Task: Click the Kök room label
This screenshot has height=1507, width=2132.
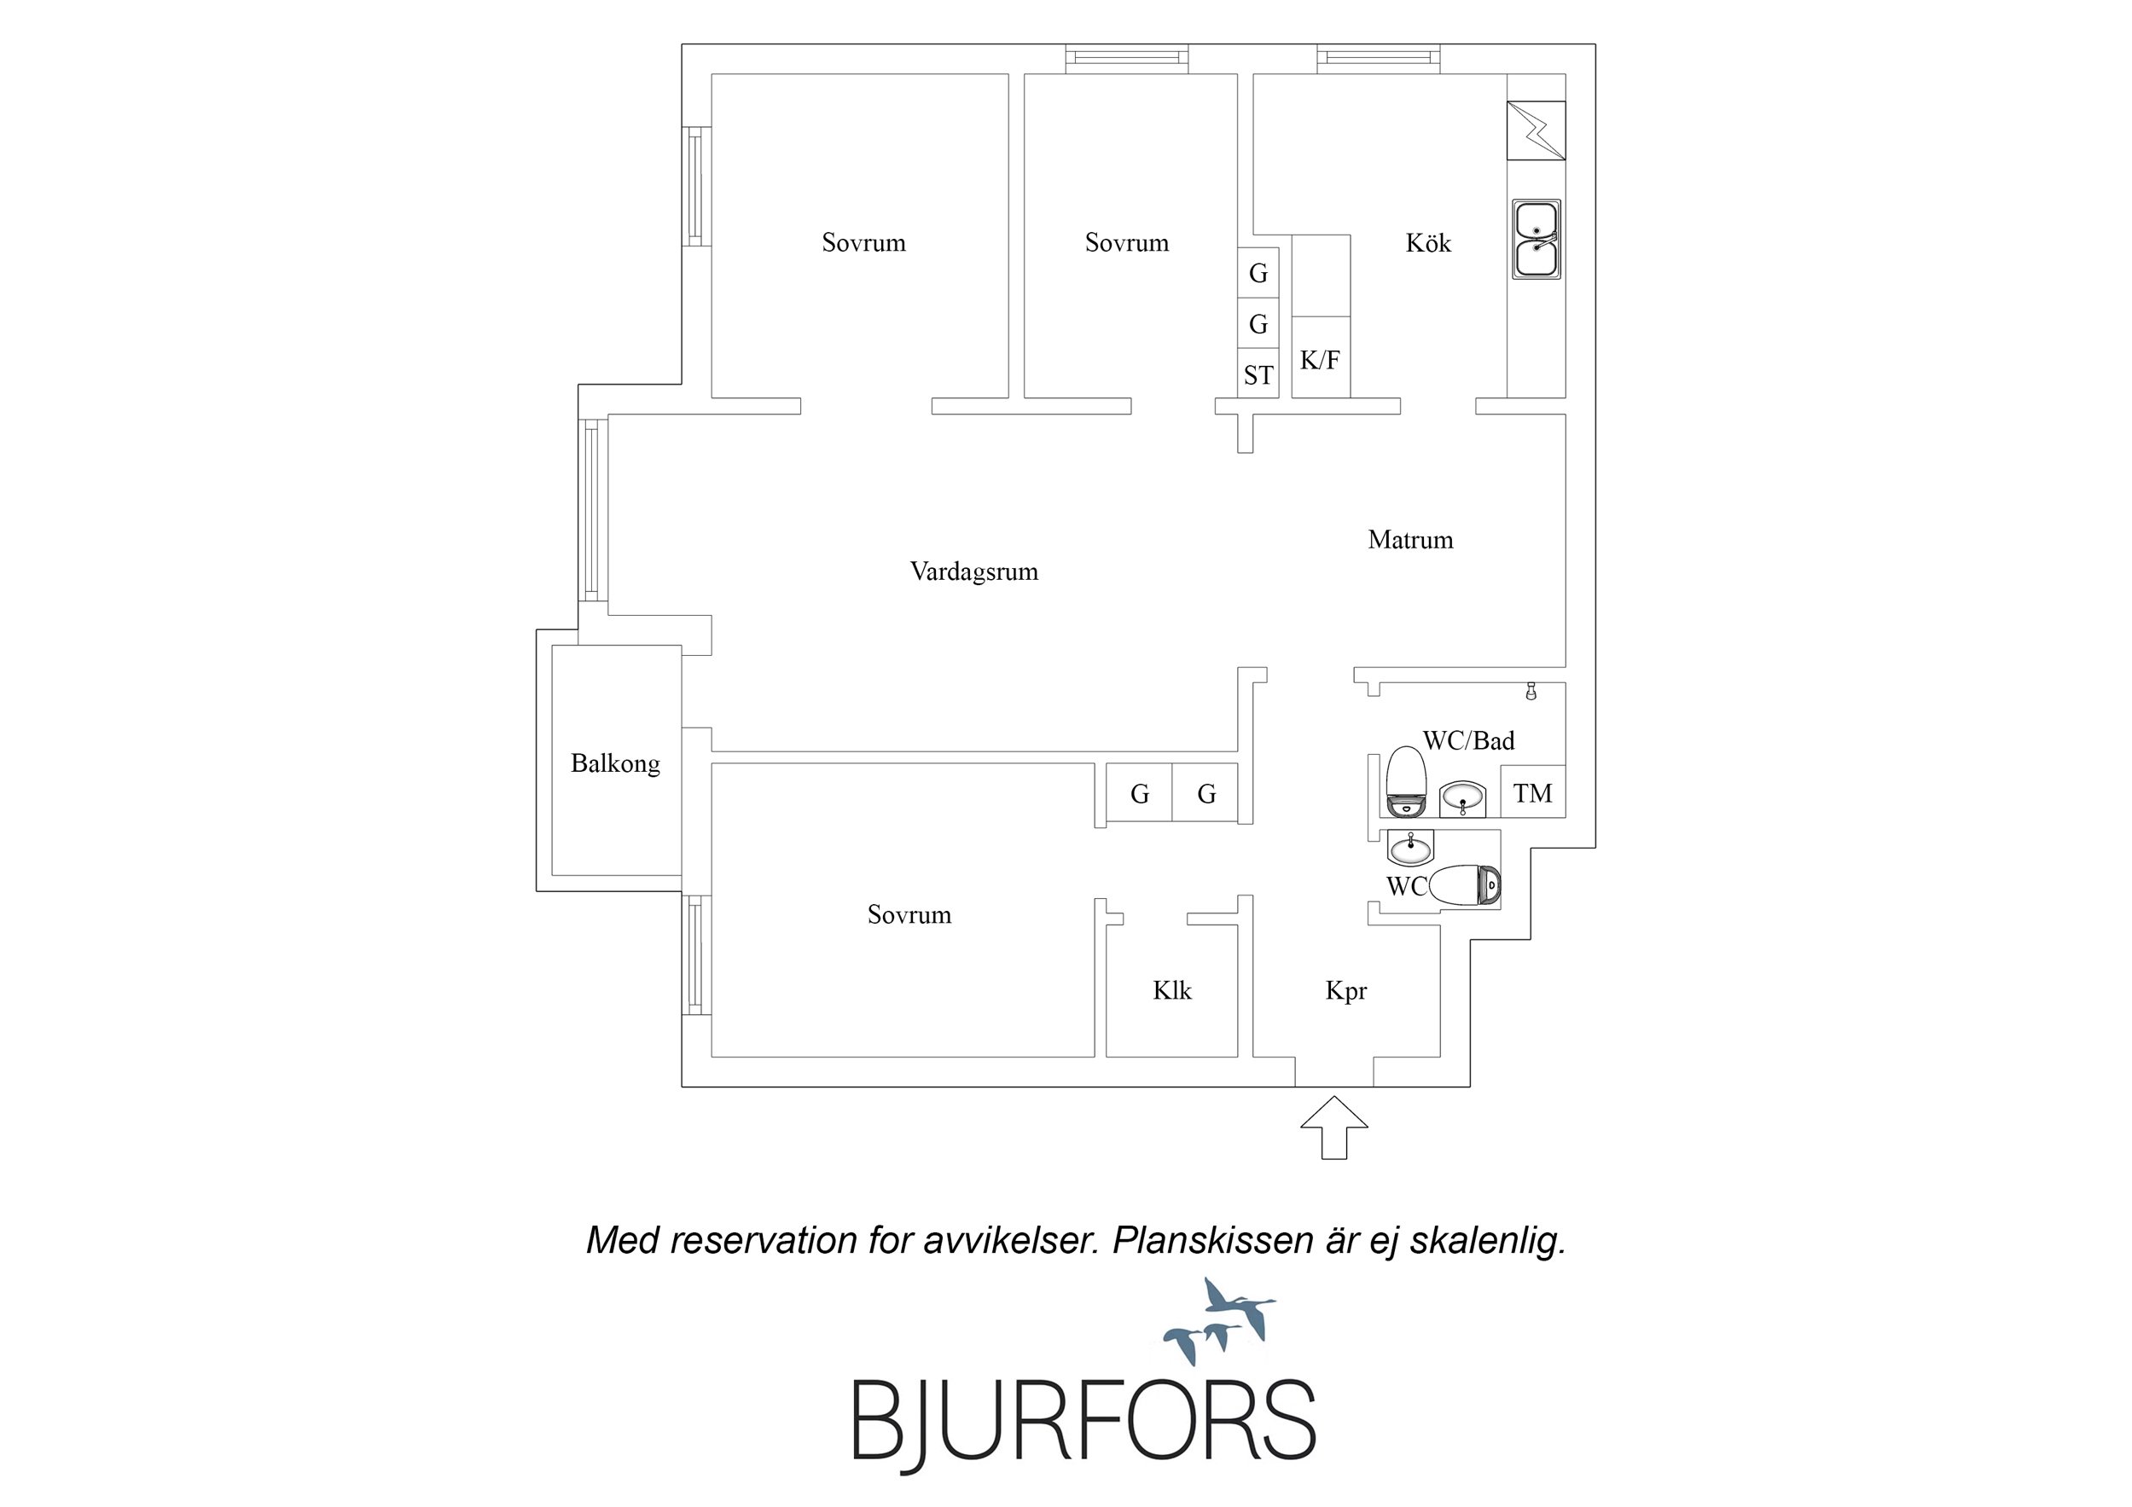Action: (1428, 243)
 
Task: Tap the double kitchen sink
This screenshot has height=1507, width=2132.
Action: (1537, 240)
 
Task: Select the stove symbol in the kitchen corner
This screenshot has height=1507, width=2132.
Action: (1536, 130)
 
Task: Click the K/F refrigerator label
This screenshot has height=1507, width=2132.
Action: (1320, 360)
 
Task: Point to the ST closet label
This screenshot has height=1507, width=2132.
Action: (1258, 375)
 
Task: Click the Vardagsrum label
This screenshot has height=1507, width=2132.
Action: (974, 571)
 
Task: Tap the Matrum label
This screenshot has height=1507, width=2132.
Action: (1409, 540)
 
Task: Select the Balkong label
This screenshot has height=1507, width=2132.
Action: (616, 763)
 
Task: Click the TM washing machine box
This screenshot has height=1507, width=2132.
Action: (1533, 792)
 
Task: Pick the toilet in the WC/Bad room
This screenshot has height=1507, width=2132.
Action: (1405, 780)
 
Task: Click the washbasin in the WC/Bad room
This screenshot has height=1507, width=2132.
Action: (1463, 797)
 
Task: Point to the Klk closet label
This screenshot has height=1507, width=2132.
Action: (1172, 991)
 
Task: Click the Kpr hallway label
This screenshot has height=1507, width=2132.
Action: (1345, 992)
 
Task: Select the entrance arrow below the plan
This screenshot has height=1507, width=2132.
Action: (1333, 1127)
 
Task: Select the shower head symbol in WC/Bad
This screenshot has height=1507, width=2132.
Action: (1531, 692)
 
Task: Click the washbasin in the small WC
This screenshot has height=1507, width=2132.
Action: (1410, 846)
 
